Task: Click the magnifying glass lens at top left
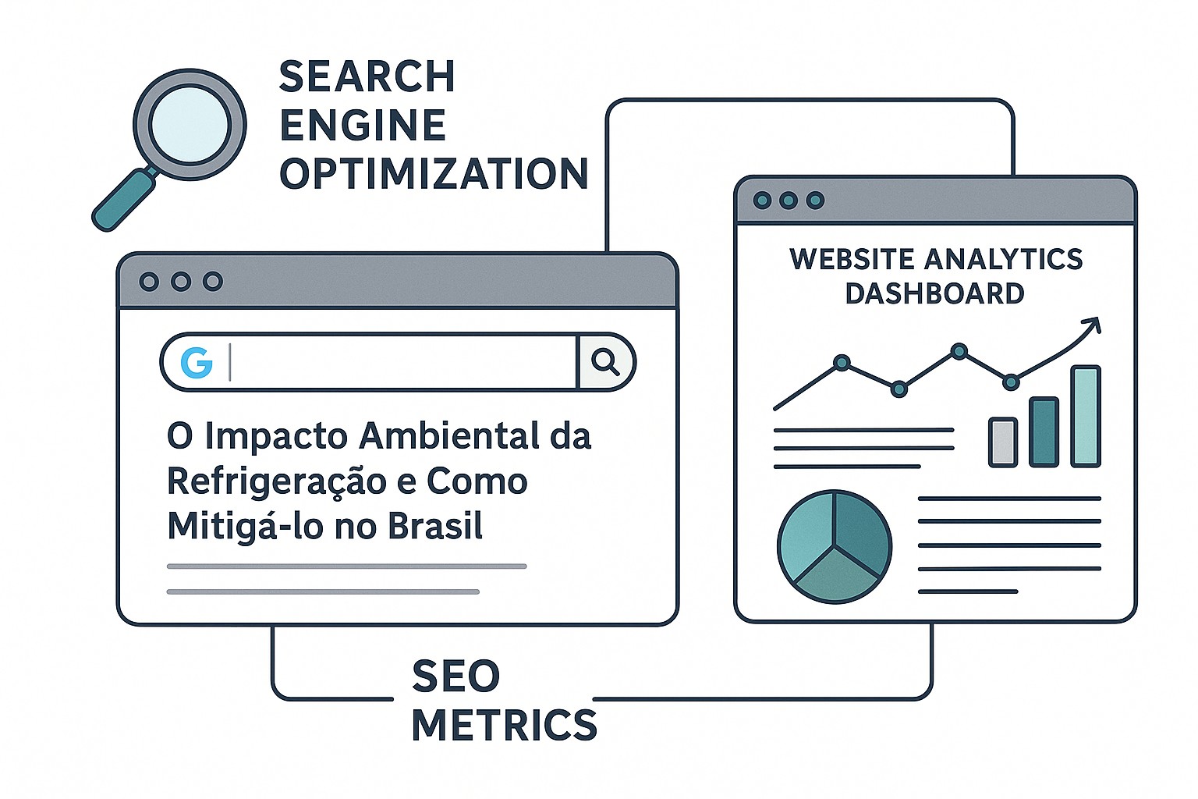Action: point(190,125)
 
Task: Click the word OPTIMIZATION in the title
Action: point(434,173)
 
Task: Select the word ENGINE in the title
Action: point(363,125)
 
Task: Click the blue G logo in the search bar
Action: point(197,362)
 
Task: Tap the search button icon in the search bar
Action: point(605,362)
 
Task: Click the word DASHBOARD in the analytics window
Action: point(934,294)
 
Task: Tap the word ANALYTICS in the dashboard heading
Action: point(1003,259)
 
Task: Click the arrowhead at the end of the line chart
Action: point(1093,324)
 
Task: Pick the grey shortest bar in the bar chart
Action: point(1003,442)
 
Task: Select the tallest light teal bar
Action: point(1086,416)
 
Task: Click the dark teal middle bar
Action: point(1044,431)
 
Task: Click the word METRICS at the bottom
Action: point(504,725)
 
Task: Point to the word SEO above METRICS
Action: point(455,676)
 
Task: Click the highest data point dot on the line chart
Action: point(959,352)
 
